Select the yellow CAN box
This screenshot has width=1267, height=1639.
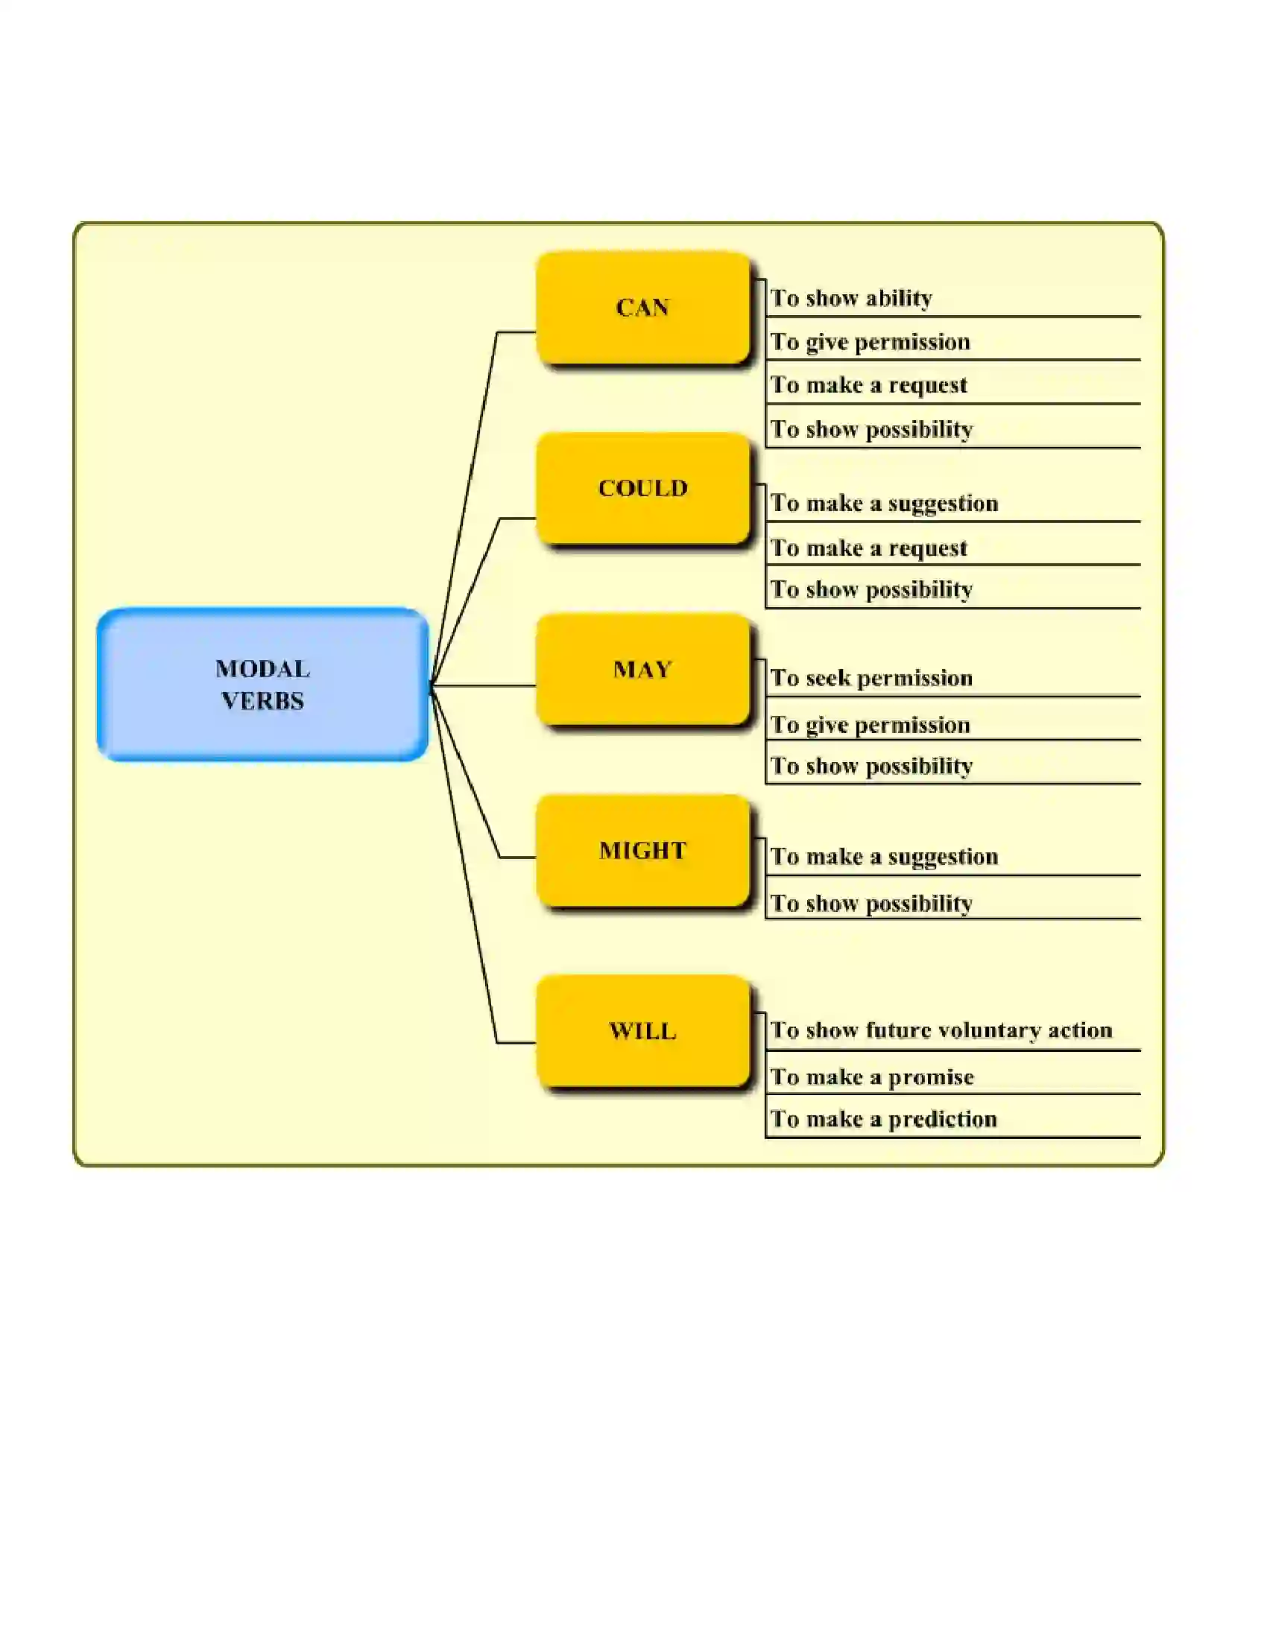click(643, 308)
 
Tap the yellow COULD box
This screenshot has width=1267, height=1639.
click(643, 489)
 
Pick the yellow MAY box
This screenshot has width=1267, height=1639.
click(643, 670)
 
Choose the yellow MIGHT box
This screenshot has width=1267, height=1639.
click(643, 850)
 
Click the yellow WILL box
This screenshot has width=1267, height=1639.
click(643, 1031)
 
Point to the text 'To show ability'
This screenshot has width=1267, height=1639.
click(851, 299)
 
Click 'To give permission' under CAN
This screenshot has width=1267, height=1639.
click(870, 342)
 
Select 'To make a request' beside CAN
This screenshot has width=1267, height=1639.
click(868, 386)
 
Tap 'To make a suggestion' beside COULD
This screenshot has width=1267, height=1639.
click(884, 504)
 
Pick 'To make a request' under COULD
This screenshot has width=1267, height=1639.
click(868, 548)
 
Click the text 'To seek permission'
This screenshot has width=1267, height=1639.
click(871, 679)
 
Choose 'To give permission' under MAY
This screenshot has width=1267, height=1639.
click(870, 725)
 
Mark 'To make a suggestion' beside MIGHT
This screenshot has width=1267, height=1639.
click(884, 857)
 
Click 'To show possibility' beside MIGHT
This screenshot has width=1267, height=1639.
click(871, 904)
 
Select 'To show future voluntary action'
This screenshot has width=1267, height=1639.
click(941, 1030)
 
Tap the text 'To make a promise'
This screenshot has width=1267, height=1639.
click(872, 1078)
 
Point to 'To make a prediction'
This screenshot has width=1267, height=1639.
click(883, 1120)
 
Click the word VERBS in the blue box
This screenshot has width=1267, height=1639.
click(262, 701)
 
